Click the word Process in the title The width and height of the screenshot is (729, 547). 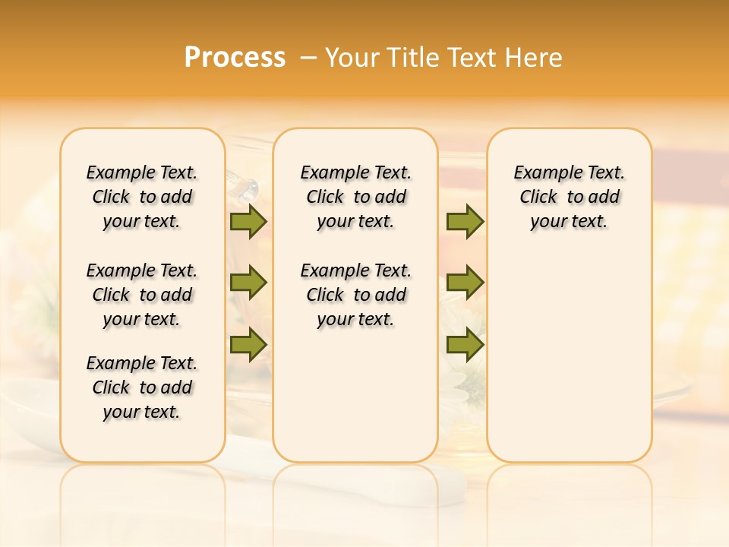(x=235, y=58)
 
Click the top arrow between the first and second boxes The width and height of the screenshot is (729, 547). (x=248, y=222)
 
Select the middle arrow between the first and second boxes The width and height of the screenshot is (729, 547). (x=248, y=283)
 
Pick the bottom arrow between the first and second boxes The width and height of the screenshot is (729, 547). (x=248, y=344)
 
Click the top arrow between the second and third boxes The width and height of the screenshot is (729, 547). (x=465, y=222)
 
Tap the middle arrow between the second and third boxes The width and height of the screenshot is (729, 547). (x=465, y=283)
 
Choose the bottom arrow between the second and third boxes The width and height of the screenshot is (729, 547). (x=465, y=344)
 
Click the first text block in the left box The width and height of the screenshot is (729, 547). (x=142, y=197)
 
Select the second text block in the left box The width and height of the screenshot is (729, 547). (x=142, y=295)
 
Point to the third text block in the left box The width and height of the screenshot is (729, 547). (x=142, y=387)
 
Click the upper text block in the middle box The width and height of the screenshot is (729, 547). (x=355, y=197)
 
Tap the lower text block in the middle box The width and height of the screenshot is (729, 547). (x=355, y=295)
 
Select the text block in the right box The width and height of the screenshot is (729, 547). (x=569, y=197)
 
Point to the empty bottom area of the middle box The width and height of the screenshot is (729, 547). (x=355, y=403)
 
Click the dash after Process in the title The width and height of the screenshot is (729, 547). (x=308, y=58)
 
